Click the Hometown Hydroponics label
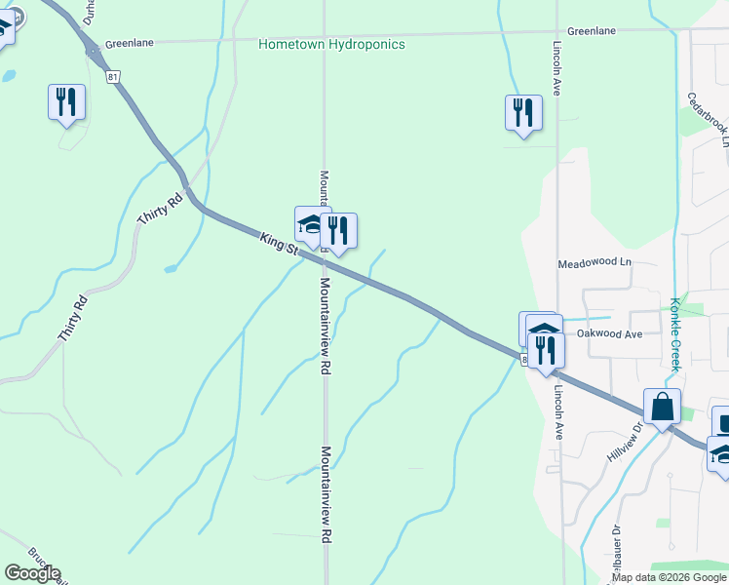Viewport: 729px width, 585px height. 331,45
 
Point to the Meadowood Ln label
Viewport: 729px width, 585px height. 595,263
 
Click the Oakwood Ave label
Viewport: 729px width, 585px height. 609,333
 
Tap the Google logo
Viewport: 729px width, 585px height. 32,573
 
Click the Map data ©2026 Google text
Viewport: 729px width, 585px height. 669,577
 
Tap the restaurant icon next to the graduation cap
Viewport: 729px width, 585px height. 338,232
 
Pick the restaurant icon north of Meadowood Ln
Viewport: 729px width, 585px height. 523,113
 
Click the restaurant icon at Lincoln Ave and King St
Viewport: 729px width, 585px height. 546,350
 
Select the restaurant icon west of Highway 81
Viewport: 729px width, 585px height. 66,101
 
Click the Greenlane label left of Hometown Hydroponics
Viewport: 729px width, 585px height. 127,43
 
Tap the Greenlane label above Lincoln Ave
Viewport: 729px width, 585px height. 592,31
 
